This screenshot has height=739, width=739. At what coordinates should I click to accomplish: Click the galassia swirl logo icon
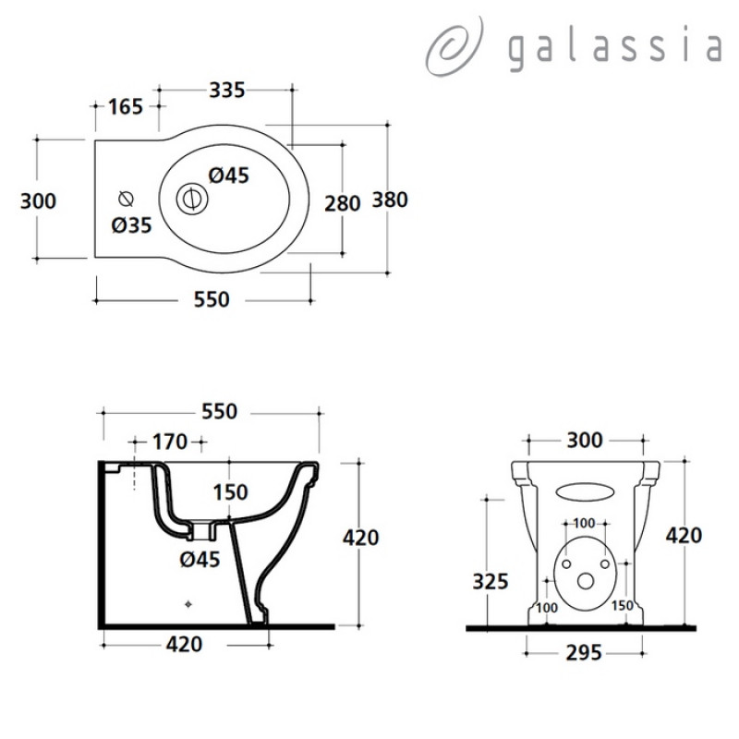point(454,47)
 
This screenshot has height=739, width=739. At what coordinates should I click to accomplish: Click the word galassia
point(615,50)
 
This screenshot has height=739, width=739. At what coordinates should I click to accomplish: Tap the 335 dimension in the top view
point(227,90)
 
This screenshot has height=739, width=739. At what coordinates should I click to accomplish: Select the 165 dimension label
point(126,106)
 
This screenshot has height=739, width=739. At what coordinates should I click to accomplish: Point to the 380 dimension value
point(390,200)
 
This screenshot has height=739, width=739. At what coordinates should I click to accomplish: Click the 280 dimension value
point(343,203)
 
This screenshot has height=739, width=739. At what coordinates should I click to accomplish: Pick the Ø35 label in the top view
point(131,225)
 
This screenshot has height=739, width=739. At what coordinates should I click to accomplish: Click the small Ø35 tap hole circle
point(126,200)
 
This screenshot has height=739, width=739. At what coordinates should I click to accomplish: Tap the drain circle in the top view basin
point(192,199)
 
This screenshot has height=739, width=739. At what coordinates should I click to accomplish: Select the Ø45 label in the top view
point(228,176)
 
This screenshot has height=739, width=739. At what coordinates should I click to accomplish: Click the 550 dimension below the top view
point(212,299)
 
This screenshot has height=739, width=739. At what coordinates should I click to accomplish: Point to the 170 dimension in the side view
point(170,442)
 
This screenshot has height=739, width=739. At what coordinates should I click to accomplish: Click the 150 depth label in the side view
point(230,492)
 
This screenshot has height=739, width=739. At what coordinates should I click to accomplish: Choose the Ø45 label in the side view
point(200,560)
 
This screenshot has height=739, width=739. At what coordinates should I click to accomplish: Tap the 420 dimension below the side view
point(184,644)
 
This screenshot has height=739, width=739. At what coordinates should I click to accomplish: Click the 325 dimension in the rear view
point(491,582)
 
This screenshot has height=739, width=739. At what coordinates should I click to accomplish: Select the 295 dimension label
point(584,653)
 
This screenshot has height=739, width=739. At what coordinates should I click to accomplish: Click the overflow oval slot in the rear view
point(585,491)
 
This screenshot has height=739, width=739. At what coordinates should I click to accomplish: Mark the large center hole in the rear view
point(586,582)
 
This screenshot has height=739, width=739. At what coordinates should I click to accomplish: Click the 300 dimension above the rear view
point(585,441)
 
